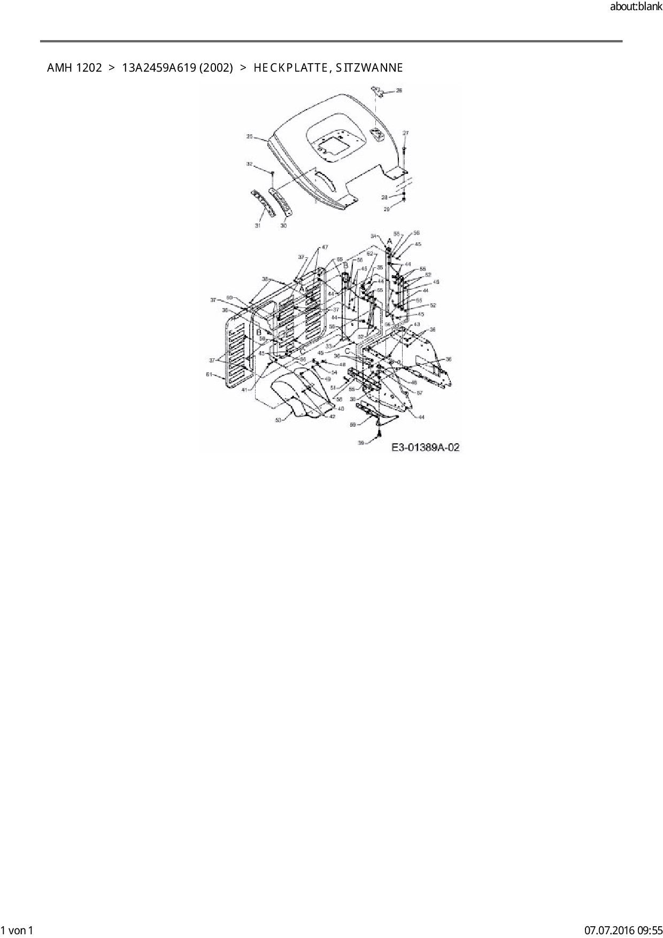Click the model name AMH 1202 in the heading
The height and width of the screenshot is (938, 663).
[x=74, y=68]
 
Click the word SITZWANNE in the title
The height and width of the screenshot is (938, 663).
[x=369, y=68]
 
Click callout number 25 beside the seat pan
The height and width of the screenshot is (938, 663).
[x=249, y=137]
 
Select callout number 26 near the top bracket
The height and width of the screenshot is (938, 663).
[x=399, y=91]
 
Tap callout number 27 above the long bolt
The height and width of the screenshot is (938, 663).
[x=405, y=133]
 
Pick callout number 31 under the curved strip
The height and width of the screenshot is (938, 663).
[x=257, y=226]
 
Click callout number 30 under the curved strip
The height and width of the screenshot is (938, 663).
[x=283, y=226]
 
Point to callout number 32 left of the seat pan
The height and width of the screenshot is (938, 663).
[x=249, y=164]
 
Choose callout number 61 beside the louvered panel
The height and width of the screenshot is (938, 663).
[x=210, y=374]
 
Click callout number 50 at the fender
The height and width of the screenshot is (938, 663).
[x=278, y=420]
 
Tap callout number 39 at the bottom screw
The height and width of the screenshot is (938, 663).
[x=360, y=443]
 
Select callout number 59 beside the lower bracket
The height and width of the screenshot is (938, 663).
[x=353, y=424]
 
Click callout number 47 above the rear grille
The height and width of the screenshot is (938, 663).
[x=325, y=247]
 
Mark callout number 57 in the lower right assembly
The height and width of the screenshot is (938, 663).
[x=420, y=393]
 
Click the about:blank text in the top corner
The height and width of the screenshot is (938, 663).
[x=636, y=7]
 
